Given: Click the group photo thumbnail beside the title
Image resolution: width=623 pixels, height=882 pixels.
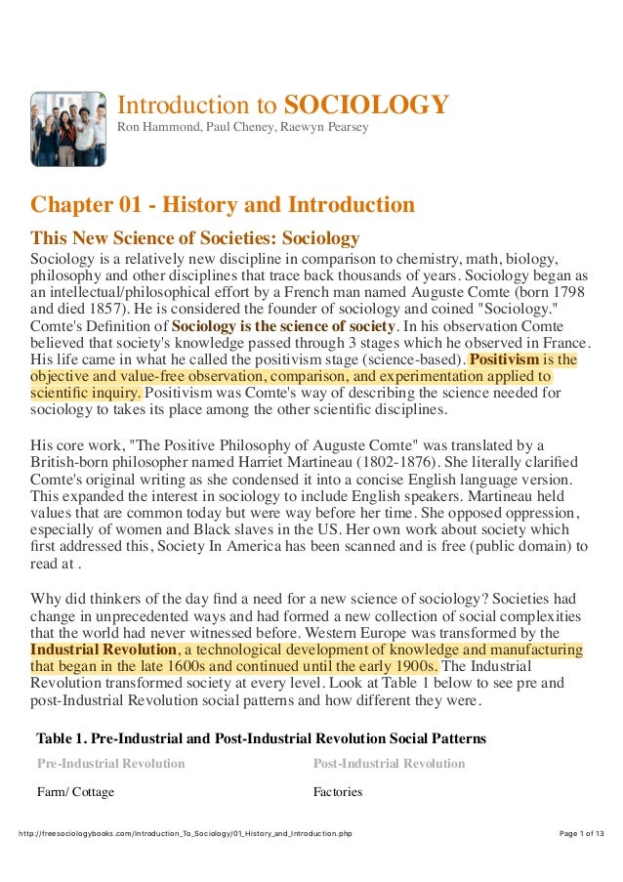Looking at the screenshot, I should click(x=68, y=129).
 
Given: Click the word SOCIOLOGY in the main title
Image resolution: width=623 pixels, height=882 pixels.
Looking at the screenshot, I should click(x=366, y=105).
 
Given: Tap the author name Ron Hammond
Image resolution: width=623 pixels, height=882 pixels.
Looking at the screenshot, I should click(x=152, y=128).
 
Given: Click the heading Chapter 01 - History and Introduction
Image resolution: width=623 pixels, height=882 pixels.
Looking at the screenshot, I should click(x=223, y=205).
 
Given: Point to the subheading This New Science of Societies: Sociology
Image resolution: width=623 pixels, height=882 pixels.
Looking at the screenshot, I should click(x=195, y=237).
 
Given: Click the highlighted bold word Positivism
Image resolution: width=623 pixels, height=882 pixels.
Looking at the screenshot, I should click(x=503, y=359).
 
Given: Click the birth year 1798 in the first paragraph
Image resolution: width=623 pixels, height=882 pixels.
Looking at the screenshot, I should click(x=567, y=291).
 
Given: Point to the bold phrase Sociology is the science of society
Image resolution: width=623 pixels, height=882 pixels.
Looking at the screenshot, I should click(x=283, y=325).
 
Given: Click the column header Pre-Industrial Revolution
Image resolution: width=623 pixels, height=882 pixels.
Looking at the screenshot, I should click(x=110, y=763).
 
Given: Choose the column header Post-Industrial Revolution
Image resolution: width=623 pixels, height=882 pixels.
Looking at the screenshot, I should click(x=389, y=763).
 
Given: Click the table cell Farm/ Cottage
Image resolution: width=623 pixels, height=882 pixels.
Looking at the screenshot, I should click(x=75, y=791).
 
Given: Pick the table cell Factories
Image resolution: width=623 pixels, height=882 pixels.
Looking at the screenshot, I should click(x=337, y=791).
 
